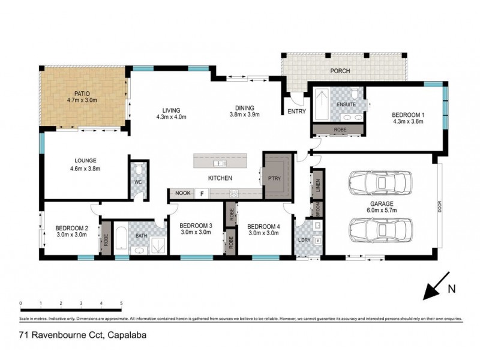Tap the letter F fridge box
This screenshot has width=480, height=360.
[x=202, y=194]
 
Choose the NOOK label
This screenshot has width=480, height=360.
[x=181, y=194]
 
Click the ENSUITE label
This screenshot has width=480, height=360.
[x=346, y=104]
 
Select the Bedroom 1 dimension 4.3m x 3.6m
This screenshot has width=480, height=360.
[x=408, y=121]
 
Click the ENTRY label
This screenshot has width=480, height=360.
[x=296, y=112]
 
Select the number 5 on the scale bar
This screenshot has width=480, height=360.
[x=121, y=304]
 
